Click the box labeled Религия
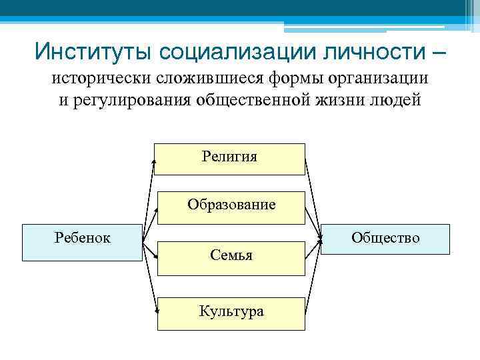229,159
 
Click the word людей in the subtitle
397,100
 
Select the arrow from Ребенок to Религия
149,200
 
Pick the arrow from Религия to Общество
313,200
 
